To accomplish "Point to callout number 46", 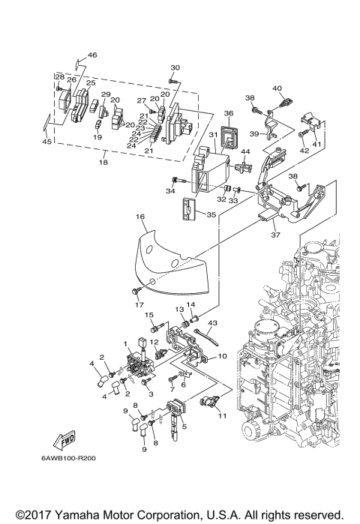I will pyautogui.click(x=92, y=55).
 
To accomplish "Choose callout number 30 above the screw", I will pyautogui.click(x=175, y=67).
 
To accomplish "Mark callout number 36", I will pyautogui.click(x=229, y=113).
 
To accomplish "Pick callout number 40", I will pyautogui.click(x=277, y=88).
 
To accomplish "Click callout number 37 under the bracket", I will pyautogui.click(x=274, y=233).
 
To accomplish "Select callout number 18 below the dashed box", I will pyautogui.click(x=104, y=161).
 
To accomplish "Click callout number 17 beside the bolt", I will pyautogui.click(x=138, y=304).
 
